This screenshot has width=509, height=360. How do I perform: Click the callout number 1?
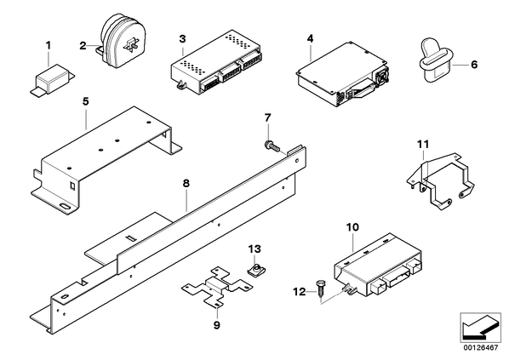pos(49,46)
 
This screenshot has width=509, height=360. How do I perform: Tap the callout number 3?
pos(182,39)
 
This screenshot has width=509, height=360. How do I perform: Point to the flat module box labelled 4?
pos(343,74)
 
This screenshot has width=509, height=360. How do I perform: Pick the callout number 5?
pos(85,101)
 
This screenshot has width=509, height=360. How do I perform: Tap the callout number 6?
pos(474,65)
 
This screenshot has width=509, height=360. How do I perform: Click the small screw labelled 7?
pos(272,146)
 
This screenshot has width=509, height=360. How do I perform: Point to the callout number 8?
pos(186,184)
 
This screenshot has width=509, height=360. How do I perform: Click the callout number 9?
pos(217,325)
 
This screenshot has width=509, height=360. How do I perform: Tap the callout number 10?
pos(353,227)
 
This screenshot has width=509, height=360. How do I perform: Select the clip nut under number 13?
pos(254,269)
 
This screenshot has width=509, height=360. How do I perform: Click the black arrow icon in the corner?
pos(480,328)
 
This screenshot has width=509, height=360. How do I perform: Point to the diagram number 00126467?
pos(481,348)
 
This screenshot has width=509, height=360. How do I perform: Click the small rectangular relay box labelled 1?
pos(53,79)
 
